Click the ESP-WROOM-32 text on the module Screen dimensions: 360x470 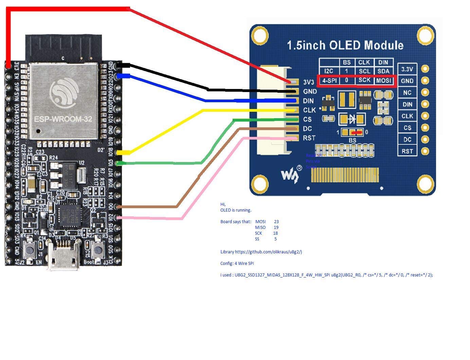pos(63,119)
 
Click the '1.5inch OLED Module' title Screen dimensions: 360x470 pos(345,45)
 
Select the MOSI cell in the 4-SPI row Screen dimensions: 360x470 pos(384,80)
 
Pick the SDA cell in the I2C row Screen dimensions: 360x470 pos(383,71)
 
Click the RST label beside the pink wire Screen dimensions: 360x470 pos(309,138)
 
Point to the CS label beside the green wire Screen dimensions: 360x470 pos(307,119)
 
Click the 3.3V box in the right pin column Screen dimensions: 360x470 pos(407,69)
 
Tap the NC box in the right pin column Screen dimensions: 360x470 pos(407,93)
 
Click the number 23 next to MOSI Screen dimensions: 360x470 pos(276,221)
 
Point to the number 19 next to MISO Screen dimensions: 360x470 pos(276,227)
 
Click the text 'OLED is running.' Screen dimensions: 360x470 pos(236,210)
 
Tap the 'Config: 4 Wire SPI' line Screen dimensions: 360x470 pos(237,263)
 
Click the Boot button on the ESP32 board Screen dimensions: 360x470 pos(98,250)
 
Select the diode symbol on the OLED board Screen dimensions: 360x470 pos(352,119)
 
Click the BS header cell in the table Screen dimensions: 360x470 pos(347,62)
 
